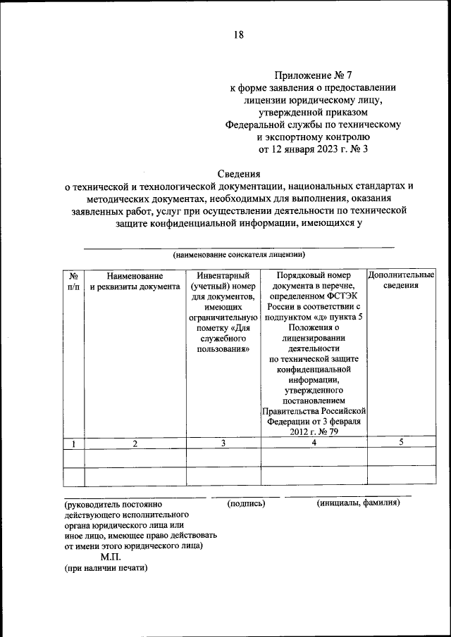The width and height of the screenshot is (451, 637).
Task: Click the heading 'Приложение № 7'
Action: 313,75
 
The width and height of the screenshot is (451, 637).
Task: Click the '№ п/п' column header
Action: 73,282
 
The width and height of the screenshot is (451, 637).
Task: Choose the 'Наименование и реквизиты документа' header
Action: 135,282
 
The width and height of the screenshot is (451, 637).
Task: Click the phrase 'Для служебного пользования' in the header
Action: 223,338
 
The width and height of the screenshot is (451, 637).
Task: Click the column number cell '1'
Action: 73,443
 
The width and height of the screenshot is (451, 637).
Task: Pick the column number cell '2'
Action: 135,443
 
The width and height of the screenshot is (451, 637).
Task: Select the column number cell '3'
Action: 223,443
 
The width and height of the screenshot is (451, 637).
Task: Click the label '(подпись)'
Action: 246,504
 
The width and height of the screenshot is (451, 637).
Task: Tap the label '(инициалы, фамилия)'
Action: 359,504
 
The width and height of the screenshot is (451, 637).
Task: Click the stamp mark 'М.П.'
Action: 111,556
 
